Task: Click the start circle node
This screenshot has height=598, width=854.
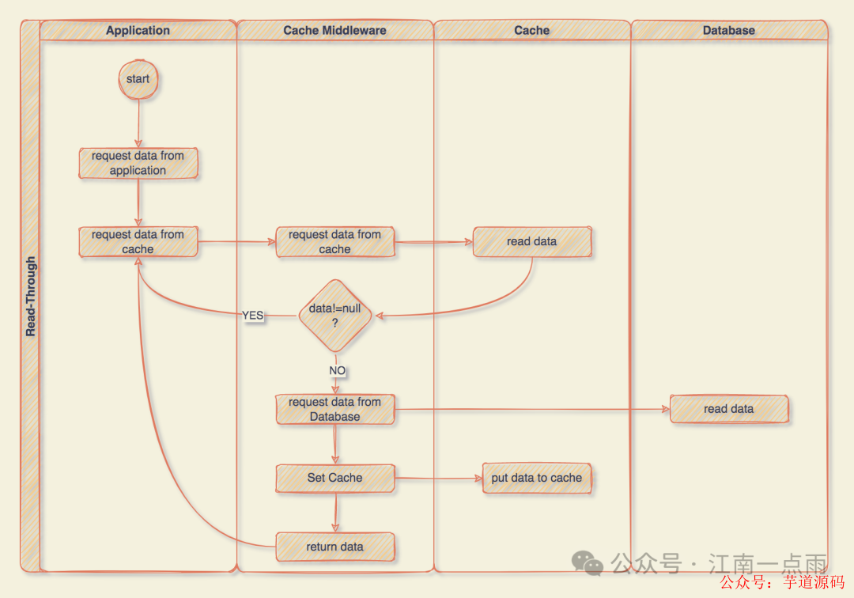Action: [x=138, y=79]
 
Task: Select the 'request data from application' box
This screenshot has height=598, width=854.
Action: [x=138, y=163]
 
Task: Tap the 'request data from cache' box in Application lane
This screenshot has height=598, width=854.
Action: [x=138, y=242]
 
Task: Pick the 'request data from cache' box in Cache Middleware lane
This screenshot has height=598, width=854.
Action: [x=334, y=242]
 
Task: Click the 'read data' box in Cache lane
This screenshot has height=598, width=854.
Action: [x=532, y=242]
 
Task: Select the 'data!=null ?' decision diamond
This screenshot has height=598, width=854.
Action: [x=334, y=316]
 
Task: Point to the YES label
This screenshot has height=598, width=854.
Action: [x=252, y=316]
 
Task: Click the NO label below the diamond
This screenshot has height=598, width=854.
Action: [x=337, y=370]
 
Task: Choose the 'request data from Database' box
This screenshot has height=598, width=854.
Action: [x=334, y=410]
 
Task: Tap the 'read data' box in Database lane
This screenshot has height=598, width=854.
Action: [x=728, y=409]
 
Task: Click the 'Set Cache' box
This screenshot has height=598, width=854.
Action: [x=334, y=478]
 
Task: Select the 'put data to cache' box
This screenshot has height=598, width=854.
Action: [x=536, y=478]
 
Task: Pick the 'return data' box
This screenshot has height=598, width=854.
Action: [x=334, y=547]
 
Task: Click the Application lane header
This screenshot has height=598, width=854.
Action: [x=138, y=30]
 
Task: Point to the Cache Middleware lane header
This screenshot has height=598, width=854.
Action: [x=334, y=30]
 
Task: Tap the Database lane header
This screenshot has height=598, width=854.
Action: [x=728, y=30]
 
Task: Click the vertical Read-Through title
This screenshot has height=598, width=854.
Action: [x=31, y=297]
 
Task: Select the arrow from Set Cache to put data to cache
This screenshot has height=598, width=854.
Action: [x=439, y=478]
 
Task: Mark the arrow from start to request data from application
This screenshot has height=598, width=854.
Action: [x=138, y=123]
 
